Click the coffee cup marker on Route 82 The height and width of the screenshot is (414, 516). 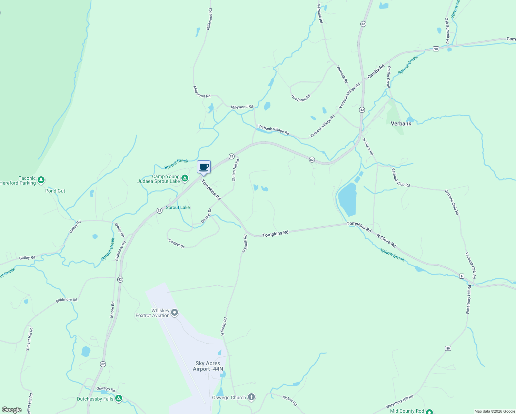click(204, 167)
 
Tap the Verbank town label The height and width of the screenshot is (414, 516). click(401, 124)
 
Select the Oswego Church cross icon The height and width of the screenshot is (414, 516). click(251, 397)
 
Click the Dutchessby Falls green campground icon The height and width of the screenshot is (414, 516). click(119, 398)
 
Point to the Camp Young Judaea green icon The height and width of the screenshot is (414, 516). click(185, 178)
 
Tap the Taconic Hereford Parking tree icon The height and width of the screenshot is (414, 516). click(41, 180)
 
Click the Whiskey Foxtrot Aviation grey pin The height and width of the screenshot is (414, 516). click(175, 313)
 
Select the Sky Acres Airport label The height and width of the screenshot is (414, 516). click(208, 366)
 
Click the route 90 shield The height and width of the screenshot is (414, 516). click(436, 49)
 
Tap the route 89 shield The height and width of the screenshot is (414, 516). click(448, 348)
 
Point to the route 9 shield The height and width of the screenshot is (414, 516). click(462, 276)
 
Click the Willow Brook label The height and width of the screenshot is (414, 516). click(392, 255)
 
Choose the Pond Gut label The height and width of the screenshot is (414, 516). click(55, 191)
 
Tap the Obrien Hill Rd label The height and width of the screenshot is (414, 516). click(236, 170)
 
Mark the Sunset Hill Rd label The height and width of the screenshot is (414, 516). click(29, 339)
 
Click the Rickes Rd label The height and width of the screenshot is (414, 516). click(289, 401)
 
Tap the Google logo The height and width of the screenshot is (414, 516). click(12, 410)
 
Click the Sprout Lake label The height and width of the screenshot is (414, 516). click(178, 207)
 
